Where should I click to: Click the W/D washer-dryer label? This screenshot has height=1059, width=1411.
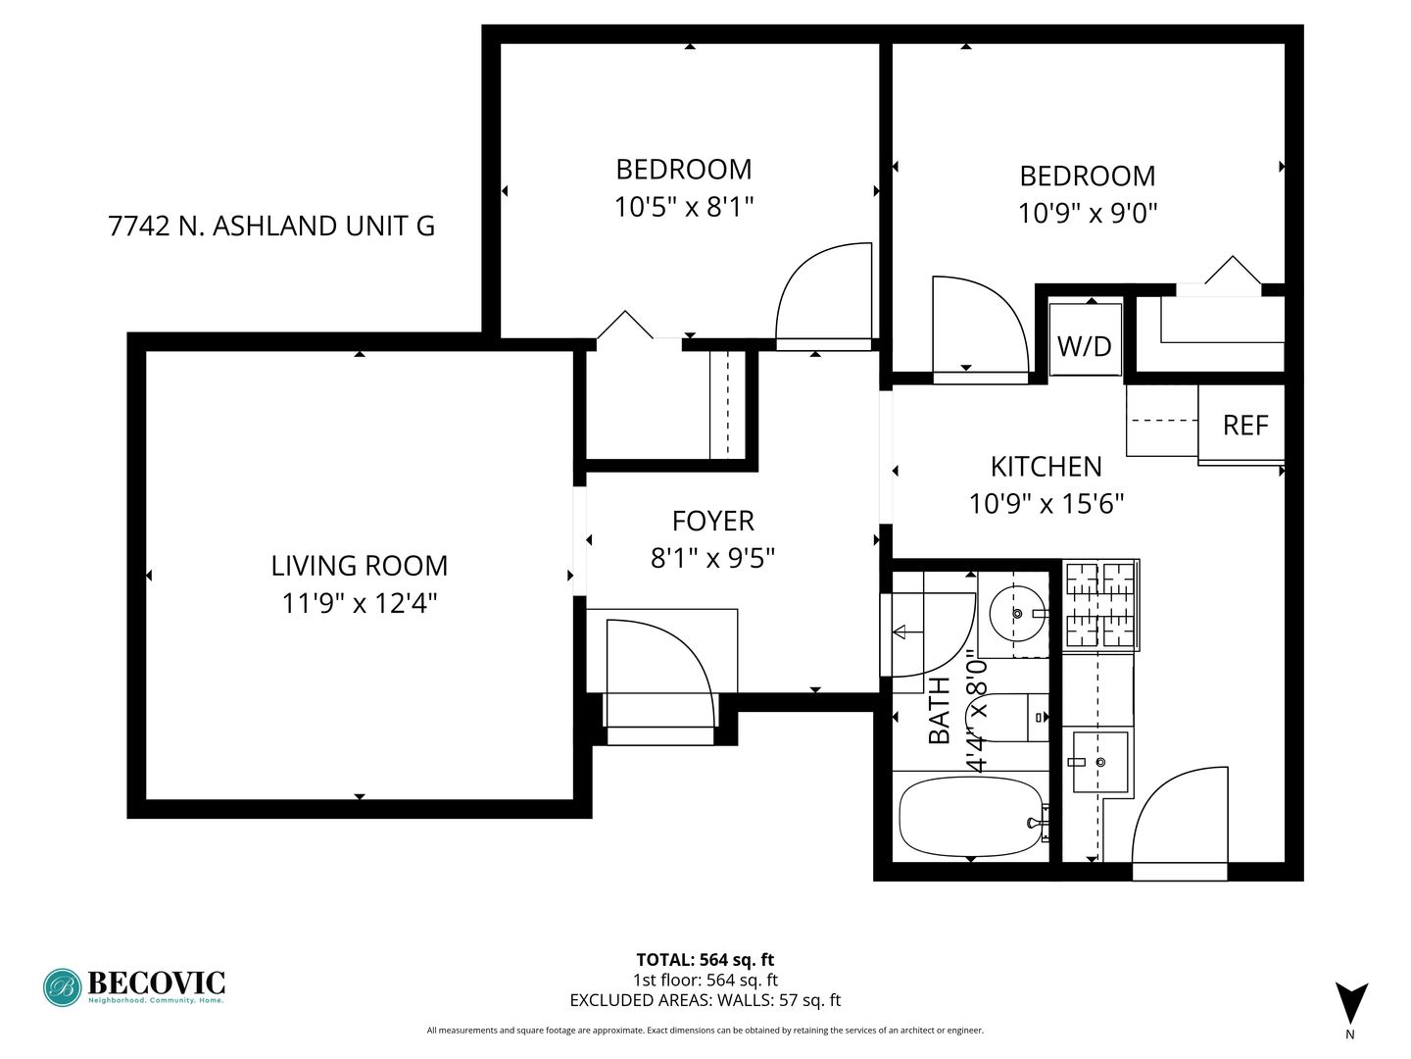(x=1084, y=346)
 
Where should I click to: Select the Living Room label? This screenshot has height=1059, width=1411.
(x=359, y=566)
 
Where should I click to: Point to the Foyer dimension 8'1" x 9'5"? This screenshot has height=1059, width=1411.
(x=712, y=558)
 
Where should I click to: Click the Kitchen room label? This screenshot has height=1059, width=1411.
(x=1046, y=467)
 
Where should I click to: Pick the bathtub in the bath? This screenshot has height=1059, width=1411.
(x=971, y=817)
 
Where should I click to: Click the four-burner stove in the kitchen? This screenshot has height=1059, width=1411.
(x=1100, y=605)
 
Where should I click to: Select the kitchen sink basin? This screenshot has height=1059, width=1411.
(x=1099, y=761)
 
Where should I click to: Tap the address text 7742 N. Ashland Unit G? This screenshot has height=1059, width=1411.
(x=271, y=226)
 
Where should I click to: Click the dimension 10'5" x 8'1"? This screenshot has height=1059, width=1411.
(x=684, y=207)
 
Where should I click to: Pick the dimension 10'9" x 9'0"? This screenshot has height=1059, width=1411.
(x=1088, y=213)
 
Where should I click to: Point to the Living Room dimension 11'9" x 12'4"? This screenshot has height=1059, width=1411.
(x=360, y=603)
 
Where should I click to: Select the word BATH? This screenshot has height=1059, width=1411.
(x=939, y=711)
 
